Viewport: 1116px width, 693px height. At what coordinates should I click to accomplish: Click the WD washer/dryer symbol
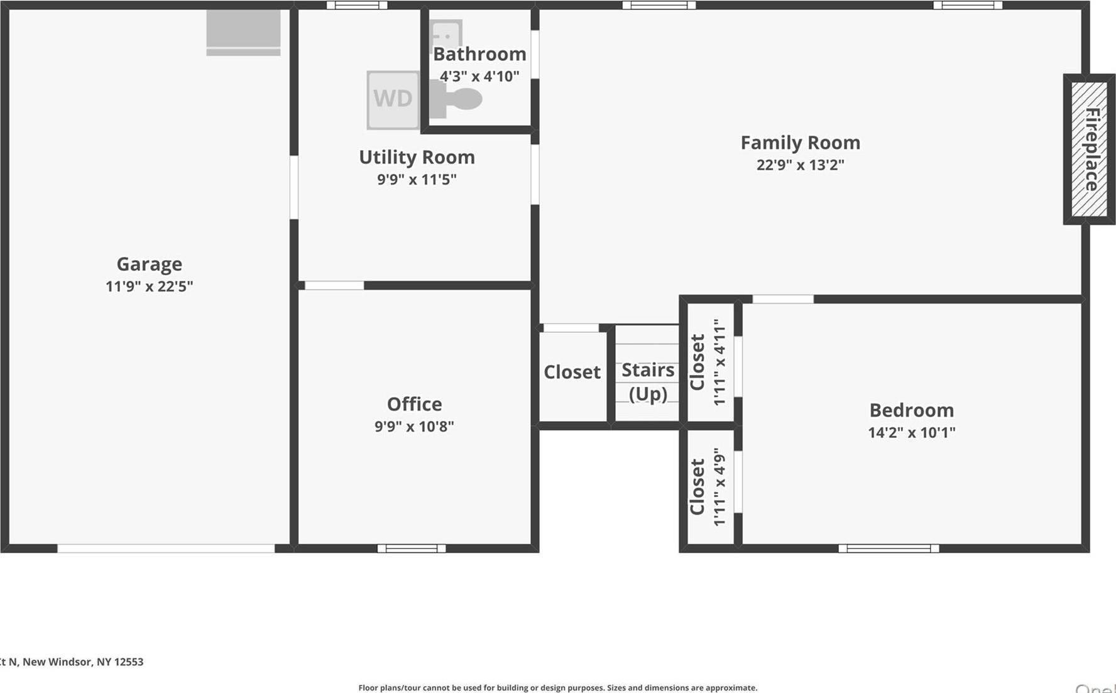tap(393, 100)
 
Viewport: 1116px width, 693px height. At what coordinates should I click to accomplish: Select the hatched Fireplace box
tap(1089, 150)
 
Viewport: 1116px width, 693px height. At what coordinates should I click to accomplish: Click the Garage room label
tap(149, 264)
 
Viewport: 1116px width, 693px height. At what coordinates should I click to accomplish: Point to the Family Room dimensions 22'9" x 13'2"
tap(800, 165)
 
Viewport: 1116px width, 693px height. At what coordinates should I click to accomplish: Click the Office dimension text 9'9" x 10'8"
tap(414, 427)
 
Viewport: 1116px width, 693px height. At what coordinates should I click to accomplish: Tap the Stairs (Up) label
tap(648, 381)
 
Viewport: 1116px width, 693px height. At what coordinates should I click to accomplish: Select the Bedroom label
tap(911, 410)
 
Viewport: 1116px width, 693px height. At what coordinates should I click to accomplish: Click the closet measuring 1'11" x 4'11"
tap(710, 363)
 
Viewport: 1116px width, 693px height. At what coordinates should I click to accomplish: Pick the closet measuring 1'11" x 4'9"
tap(710, 487)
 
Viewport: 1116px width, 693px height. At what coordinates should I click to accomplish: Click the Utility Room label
tap(417, 157)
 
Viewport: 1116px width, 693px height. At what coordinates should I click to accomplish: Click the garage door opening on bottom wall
tap(166, 548)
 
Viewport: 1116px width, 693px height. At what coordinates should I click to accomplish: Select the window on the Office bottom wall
tap(412, 548)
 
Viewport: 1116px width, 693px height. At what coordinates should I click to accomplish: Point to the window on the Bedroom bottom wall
tap(889, 548)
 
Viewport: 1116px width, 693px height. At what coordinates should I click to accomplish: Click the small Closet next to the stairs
tap(572, 373)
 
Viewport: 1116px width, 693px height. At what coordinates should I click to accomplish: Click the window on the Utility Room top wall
tap(357, 5)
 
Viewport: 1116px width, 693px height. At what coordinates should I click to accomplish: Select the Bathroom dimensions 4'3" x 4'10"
tap(479, 77)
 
